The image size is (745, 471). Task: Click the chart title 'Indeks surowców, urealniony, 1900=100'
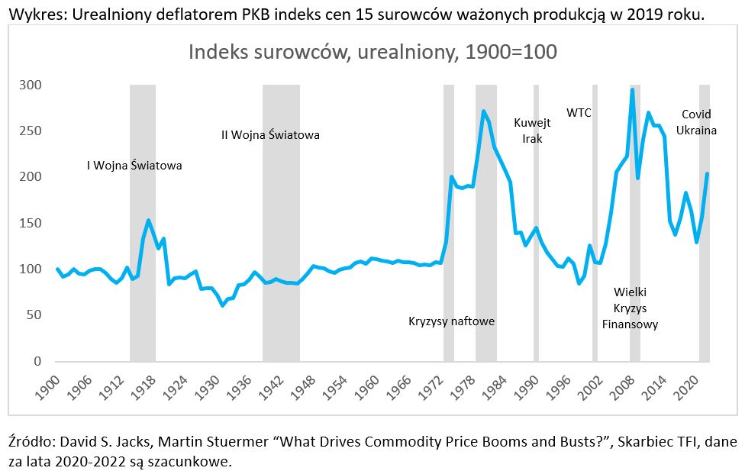[x=372, y=53]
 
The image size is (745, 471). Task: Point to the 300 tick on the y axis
[x=31, y=85]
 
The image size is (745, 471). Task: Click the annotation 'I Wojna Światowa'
[x=134, y=165]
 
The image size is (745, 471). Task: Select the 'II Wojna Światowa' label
[x=270, y=135]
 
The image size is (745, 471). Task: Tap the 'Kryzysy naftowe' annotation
[x=451, y=321]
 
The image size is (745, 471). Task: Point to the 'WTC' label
[x=579, y=113]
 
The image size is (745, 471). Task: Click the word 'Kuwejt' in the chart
[x=532, y=122]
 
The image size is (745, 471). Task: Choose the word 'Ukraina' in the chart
[x=696, y=131]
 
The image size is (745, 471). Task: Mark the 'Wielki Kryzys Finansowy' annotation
[x=630, y=308]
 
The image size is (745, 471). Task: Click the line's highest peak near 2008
[x=632, y=90]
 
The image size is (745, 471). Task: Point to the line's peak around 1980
[x=484, y=111]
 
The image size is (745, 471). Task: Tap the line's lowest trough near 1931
[x=223, y=305]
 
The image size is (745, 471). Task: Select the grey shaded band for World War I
[x=143, y=221]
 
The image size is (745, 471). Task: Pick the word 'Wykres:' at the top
[x=31, y=14]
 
